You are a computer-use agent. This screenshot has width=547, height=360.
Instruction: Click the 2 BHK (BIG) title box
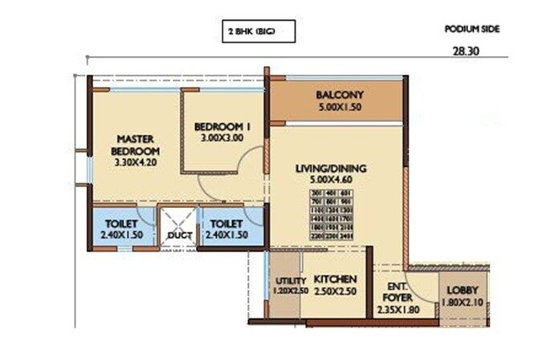click(258, 31)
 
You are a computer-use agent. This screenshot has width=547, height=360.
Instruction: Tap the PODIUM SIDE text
click(471, 29)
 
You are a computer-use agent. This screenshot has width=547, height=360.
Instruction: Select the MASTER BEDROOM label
click(135, 144)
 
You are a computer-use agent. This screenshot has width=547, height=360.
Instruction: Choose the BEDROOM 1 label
click(222, 125)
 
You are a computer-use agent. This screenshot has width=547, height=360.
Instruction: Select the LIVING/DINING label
click(330, 168)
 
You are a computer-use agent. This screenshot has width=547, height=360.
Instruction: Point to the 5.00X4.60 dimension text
click(330, 181)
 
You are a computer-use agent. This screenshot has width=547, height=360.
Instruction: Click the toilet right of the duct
click(228, 228)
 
